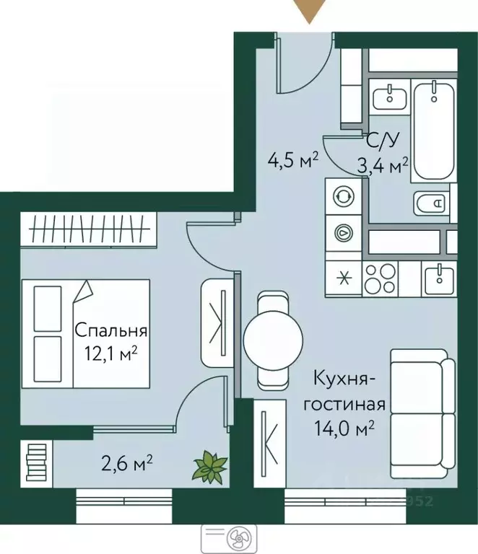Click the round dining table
(274, 339)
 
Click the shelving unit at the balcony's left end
(35, 461)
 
